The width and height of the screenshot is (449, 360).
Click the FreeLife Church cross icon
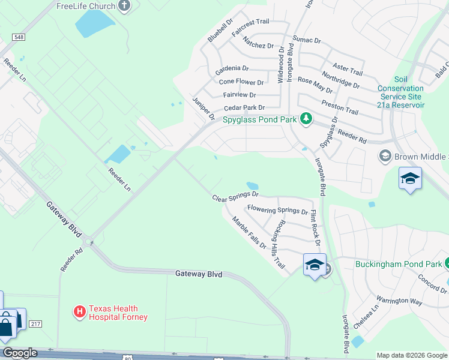click(x=124, y=7)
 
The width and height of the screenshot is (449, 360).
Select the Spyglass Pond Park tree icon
click(x=306, y=119)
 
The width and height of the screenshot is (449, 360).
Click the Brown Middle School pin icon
click(x=385, y=157)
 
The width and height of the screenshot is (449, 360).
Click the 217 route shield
click(x=35, y=324)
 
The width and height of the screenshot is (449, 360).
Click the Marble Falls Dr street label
click(x=249, y=233)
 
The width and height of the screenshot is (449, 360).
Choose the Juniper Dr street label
click(x=203, y=109)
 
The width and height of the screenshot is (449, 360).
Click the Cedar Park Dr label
click(x=244, y=108)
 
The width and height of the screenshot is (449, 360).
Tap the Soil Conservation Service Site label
click(x=400, y=92)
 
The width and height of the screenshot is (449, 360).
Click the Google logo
click(x=19, y=353)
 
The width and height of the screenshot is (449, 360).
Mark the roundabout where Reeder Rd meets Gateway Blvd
click(x=90, y=242)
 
